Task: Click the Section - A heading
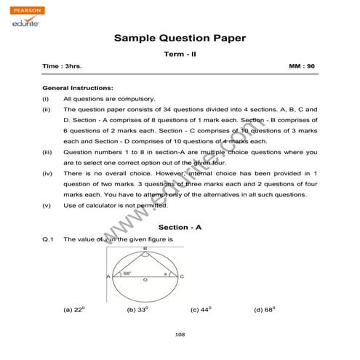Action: (180, 228)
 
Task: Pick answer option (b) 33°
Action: (137, 309)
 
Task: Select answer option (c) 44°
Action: (201, 309)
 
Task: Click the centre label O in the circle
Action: (145, 281)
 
